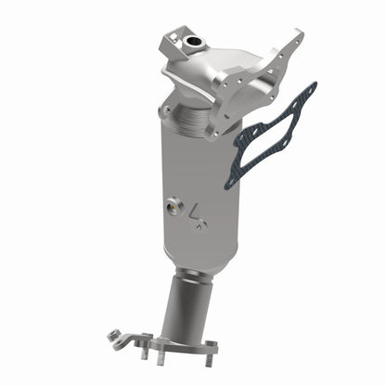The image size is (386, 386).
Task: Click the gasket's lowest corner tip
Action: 229,187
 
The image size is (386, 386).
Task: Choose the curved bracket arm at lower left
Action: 130,339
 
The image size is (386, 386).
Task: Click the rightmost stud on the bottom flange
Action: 212,356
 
